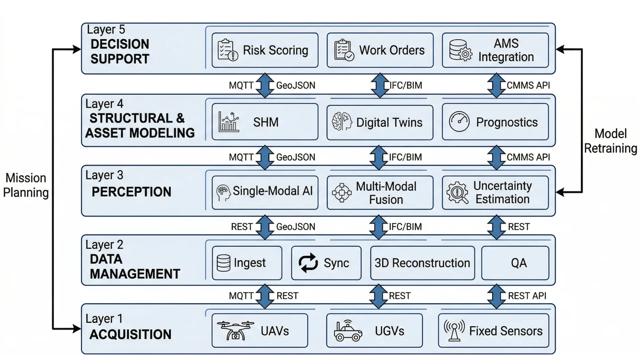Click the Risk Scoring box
click(x=265, y=50)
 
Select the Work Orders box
click(x=380, y=50)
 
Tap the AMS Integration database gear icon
click(x=460, y=50)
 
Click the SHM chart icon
click(x=229, y=122)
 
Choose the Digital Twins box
click(x=380, y=122)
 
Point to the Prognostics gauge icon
click(x=459, y=122)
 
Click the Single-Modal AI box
click(x=265, y=192)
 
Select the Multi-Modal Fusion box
click(x=380, y=193)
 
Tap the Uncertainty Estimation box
click(x=495, y=192)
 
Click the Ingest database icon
click(x=223, y=263)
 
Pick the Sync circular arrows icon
click(x=308, y=263)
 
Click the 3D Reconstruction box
click(x=422, y=263)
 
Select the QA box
click(x=515, y=263)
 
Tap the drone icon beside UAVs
click(x=235, y=330)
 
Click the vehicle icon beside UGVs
click(x=348, y=331)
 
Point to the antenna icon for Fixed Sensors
click(x=454, y=330)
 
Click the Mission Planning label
click(x=26, y=185)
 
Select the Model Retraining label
click(x=610, y=141)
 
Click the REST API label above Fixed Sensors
click(x=527, y=296)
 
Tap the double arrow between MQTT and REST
click(x=265, y=296)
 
